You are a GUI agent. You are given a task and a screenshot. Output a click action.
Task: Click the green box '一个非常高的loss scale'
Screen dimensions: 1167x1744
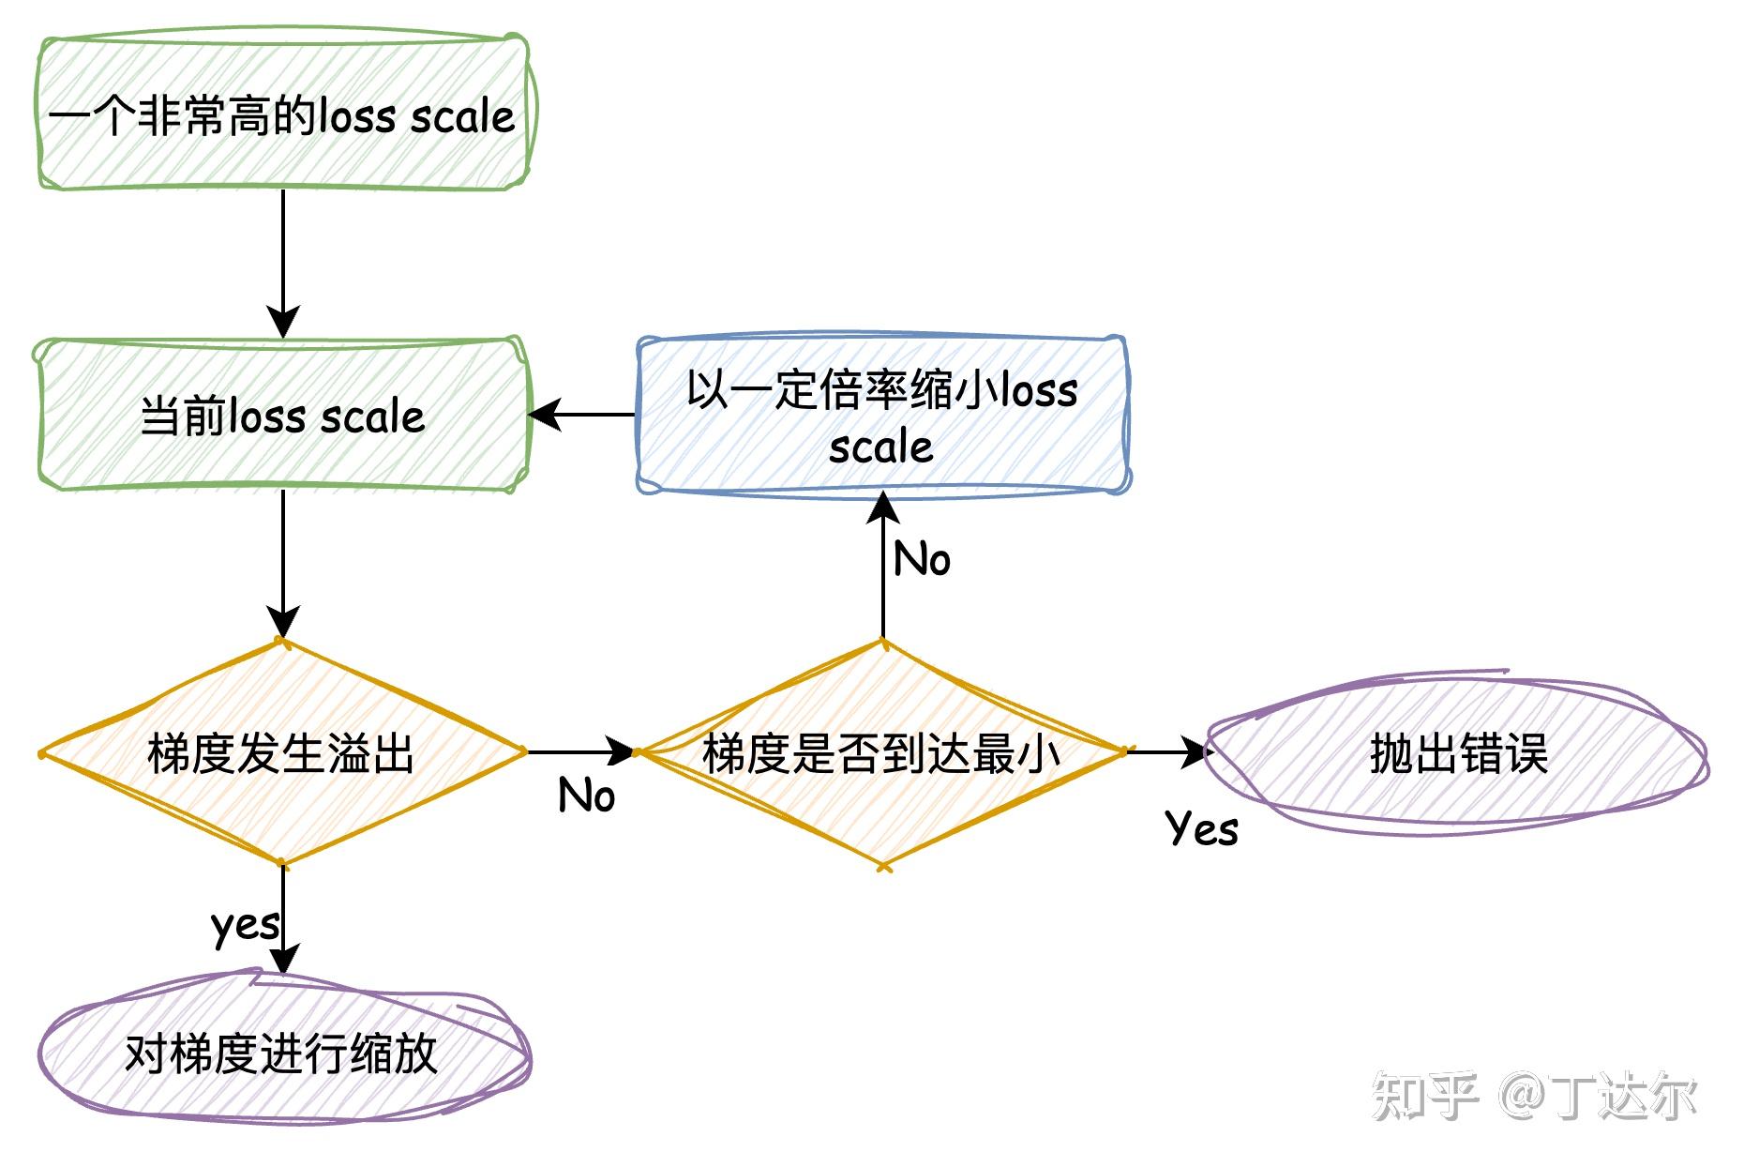click(x=281, y=114)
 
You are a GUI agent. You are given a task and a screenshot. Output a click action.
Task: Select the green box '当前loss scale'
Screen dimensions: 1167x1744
click(x=281, y=416)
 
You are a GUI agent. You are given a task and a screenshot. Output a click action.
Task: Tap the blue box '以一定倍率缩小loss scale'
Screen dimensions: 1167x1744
click(x=881, y=416)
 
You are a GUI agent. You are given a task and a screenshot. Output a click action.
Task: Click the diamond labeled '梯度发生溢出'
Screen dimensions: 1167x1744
click(x=281, y=753)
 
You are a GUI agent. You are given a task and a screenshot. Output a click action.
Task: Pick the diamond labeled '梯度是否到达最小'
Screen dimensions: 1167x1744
click(x=881, y=753)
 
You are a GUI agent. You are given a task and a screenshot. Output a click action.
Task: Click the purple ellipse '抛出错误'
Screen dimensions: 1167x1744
click(x=1456, y=753)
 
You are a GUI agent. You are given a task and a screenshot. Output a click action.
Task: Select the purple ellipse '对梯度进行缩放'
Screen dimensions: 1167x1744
click(x=281, y=1053)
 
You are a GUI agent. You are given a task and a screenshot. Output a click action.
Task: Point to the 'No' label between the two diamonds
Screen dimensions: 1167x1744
click(x=586, y=796)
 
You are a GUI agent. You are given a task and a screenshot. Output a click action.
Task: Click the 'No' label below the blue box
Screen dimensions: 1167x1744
click(x=922, y=560)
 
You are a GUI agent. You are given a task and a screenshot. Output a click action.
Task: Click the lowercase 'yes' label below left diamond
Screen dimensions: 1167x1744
click(x=244, y=925)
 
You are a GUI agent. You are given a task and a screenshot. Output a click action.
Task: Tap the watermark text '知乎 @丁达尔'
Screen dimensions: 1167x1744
click(x=1534, y=1095)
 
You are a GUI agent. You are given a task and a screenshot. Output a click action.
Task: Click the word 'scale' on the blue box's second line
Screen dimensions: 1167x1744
click(x=880, y=447)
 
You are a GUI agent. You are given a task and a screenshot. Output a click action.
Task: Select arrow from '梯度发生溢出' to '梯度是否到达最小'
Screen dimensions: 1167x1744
click(x=581, y=751)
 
